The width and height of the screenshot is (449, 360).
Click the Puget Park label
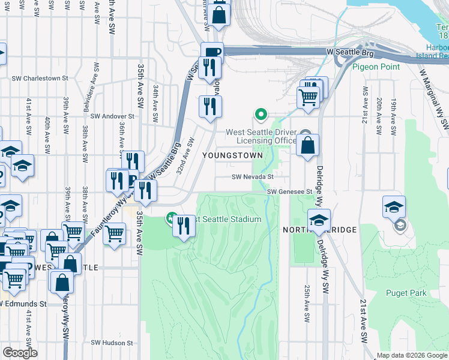pyautogui.click(x=406, y=293)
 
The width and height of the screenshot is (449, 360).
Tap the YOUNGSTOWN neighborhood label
pyautogui.click(x=232, y=155)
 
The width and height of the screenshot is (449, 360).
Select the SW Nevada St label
pyautogui.click(x=253, y=177)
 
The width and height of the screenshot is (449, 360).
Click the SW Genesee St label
pyautogui.click(x=291, y=191)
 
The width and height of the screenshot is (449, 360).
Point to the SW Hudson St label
pyautogui.click(x=112, y=343)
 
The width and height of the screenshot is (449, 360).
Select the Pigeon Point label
pyautogui.click(x=376, y=67)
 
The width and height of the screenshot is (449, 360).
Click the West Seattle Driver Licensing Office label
pyautogui.click(x=261, y=136)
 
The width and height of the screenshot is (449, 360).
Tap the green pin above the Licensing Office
pyautogui.click(x=261, y=113)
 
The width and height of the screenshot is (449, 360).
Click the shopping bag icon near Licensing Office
pyautogui.click(x=307, y=146)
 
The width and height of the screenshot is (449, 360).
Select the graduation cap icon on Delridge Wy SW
pyautogui.click(x=319, y=220)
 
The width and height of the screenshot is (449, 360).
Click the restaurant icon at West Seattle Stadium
pyautogui.click(x=184, y=227)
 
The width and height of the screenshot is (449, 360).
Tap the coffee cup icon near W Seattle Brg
pyautogui.click(x=212, y=53)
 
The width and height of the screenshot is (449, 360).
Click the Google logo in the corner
pyautogui.click(x=20, y=353)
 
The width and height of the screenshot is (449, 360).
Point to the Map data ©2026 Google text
pyautogui.click(x=412, y=355)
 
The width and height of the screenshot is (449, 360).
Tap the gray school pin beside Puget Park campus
pyautogui.click(x=399, y=226)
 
